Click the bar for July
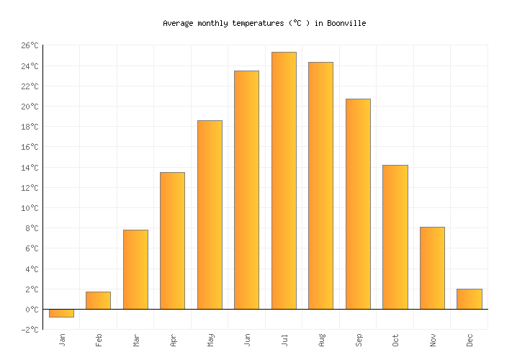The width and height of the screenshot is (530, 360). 284,181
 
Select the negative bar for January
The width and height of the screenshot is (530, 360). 61,313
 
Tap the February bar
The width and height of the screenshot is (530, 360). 98,300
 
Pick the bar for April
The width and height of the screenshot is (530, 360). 172,240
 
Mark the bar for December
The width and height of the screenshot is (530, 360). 469,299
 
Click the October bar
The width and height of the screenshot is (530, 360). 395,237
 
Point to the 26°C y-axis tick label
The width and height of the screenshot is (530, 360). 30,46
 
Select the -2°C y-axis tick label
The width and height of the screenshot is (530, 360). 30,330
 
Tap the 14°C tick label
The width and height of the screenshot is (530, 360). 30,168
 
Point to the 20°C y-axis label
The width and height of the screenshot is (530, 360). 30,107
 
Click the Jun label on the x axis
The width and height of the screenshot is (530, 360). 247,339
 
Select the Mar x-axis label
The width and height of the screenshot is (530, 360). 136,339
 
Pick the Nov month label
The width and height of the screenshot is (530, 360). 433,339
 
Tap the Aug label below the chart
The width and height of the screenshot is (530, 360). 321,339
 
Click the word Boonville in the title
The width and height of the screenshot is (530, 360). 347,24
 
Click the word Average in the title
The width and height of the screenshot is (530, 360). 178,24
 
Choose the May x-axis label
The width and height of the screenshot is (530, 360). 210,339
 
